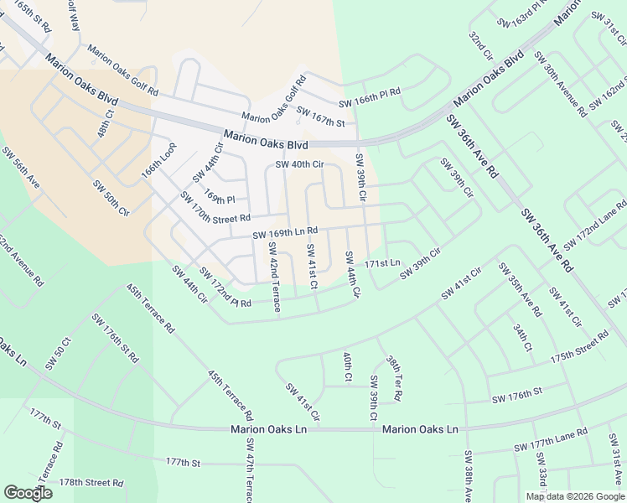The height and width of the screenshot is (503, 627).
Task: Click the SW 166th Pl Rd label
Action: coord(370,97)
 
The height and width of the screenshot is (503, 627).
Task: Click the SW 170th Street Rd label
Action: coord(215,208)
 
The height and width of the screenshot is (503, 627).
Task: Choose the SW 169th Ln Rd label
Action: coord(285,232)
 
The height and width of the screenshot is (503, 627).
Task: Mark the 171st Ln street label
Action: coord(388,264)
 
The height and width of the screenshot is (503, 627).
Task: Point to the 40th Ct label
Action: coord(346,366)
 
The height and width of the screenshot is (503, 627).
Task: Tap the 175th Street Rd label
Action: coord(579,345)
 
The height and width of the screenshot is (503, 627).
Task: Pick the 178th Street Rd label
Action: coord(91,483)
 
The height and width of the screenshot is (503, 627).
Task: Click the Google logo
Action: coord(28,492)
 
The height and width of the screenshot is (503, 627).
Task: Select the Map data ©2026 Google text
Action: coord(574,496)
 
